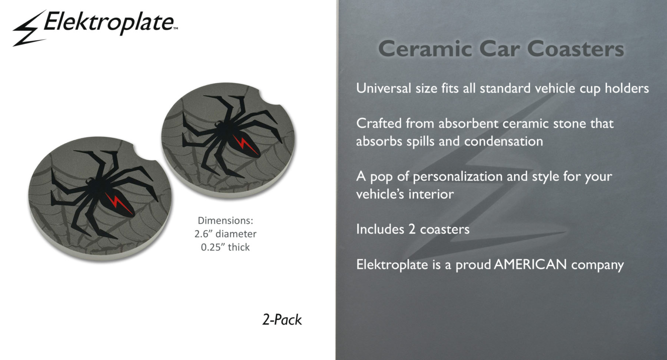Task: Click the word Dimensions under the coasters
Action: (225, 221)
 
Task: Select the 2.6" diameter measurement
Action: (225, 234)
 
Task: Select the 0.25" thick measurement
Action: (225, 247)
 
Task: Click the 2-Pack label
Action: (282, 320)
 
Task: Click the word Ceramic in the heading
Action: (424, 49)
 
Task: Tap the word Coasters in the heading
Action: (575, 49)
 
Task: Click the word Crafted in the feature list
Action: (379, 123)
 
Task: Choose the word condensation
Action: (504, 141)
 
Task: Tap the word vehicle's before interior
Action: (380, 194)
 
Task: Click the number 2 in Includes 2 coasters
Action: (412, 229)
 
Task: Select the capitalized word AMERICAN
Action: (530, 265)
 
